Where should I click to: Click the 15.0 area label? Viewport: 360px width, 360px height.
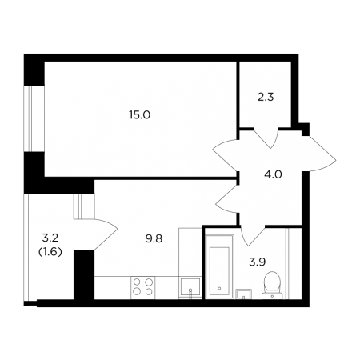point(140,115)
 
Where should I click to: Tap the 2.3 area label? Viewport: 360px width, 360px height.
point(266,97)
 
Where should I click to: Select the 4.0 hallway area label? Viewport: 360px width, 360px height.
point(273,174)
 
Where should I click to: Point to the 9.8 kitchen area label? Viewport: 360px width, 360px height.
point(154,238)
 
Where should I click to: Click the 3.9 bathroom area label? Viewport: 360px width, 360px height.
point(258,262)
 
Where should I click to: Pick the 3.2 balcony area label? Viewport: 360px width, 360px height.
point(50,238)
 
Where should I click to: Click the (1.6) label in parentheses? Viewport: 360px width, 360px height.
point(50,251)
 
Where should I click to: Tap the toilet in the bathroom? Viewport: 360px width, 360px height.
point(272,286)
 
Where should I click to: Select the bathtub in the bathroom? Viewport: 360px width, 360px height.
point(219,266)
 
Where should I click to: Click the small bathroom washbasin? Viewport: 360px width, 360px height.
point(243,294)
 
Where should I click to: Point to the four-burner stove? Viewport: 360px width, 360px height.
point(143,288)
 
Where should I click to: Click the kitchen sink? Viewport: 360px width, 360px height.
point(190,288)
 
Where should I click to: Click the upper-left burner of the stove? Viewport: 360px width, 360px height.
point(137,282)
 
